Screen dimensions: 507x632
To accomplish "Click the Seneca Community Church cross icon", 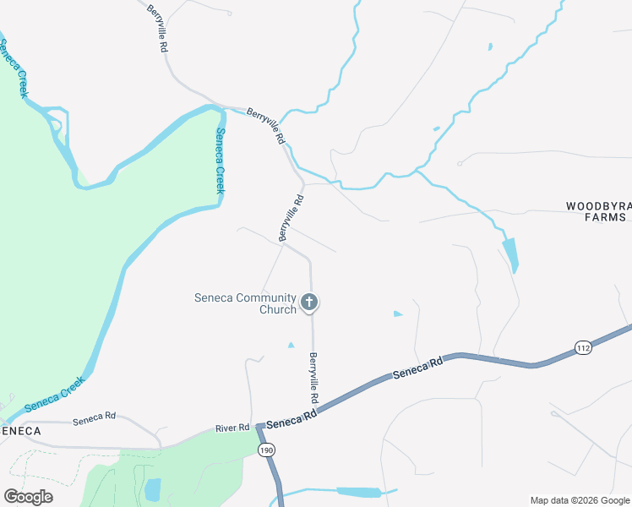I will pos(310,302).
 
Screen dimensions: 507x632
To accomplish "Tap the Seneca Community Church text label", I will pos(246,303).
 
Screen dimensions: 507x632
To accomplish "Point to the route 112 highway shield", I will pos(583,347).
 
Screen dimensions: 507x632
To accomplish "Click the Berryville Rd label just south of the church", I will pos(314,377).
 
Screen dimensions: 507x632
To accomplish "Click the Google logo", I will pos(28,497).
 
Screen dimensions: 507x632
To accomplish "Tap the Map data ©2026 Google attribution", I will pos(580,500).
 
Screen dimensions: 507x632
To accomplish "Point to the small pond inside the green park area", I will pos(153,489).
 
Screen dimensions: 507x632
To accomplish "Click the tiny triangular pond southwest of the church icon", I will pos(291,345).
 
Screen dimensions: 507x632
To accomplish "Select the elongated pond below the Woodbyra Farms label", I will pos(510,254).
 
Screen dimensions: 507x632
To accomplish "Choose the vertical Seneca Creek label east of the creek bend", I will pos(220,161).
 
